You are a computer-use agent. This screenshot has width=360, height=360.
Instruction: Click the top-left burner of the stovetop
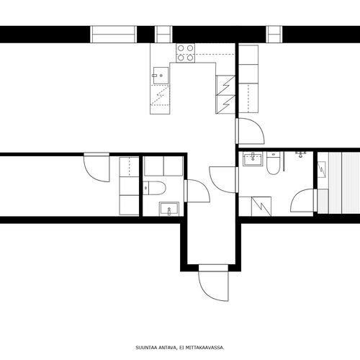point(181,48)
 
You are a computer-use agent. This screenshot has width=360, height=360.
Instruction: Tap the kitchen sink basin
point(161,76)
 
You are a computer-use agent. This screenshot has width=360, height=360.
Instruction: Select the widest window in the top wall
point(113,35)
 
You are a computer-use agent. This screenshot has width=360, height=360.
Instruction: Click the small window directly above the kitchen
point(163,35)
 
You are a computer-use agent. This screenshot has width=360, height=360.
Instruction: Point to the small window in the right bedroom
point(274,35)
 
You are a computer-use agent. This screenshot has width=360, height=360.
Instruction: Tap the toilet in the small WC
point(154,188)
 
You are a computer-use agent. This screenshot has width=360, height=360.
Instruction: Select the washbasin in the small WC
point(169,209)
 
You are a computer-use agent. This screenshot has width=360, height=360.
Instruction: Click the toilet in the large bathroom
point(273,163)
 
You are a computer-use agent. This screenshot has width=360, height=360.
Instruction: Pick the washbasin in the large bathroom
point(253,159)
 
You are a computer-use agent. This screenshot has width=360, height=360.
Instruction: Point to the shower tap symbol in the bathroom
point(300,154)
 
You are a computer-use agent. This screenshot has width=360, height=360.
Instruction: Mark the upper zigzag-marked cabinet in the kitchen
point(225,85)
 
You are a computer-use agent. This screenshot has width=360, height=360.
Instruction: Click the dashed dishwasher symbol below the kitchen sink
point(160,95)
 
